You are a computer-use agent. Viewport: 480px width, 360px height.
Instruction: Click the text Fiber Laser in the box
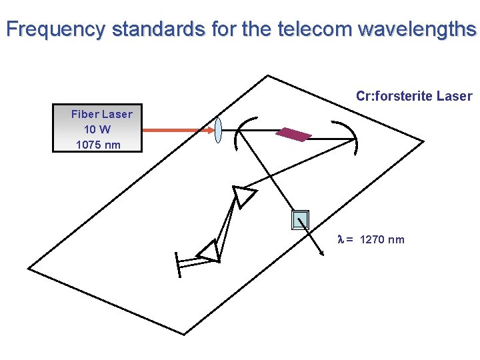(101, 114)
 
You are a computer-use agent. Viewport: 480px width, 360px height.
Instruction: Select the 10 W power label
(97, 129)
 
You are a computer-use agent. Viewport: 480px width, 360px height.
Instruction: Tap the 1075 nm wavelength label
(98, 145)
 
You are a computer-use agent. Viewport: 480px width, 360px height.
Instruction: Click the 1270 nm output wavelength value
(381, 240)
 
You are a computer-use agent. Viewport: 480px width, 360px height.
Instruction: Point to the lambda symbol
(341, 240)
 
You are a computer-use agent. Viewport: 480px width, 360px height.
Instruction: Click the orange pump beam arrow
(177, 130)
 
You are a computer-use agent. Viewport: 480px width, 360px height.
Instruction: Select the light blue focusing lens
(218, 130)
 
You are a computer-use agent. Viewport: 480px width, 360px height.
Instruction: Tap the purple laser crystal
(294, 134)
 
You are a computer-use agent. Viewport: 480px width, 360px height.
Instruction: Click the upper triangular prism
(243, 196)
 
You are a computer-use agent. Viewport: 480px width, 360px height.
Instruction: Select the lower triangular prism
(209, 251)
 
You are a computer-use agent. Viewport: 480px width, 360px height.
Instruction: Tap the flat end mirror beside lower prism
(177, 264)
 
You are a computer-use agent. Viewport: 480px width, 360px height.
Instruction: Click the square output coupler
(301, 219)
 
